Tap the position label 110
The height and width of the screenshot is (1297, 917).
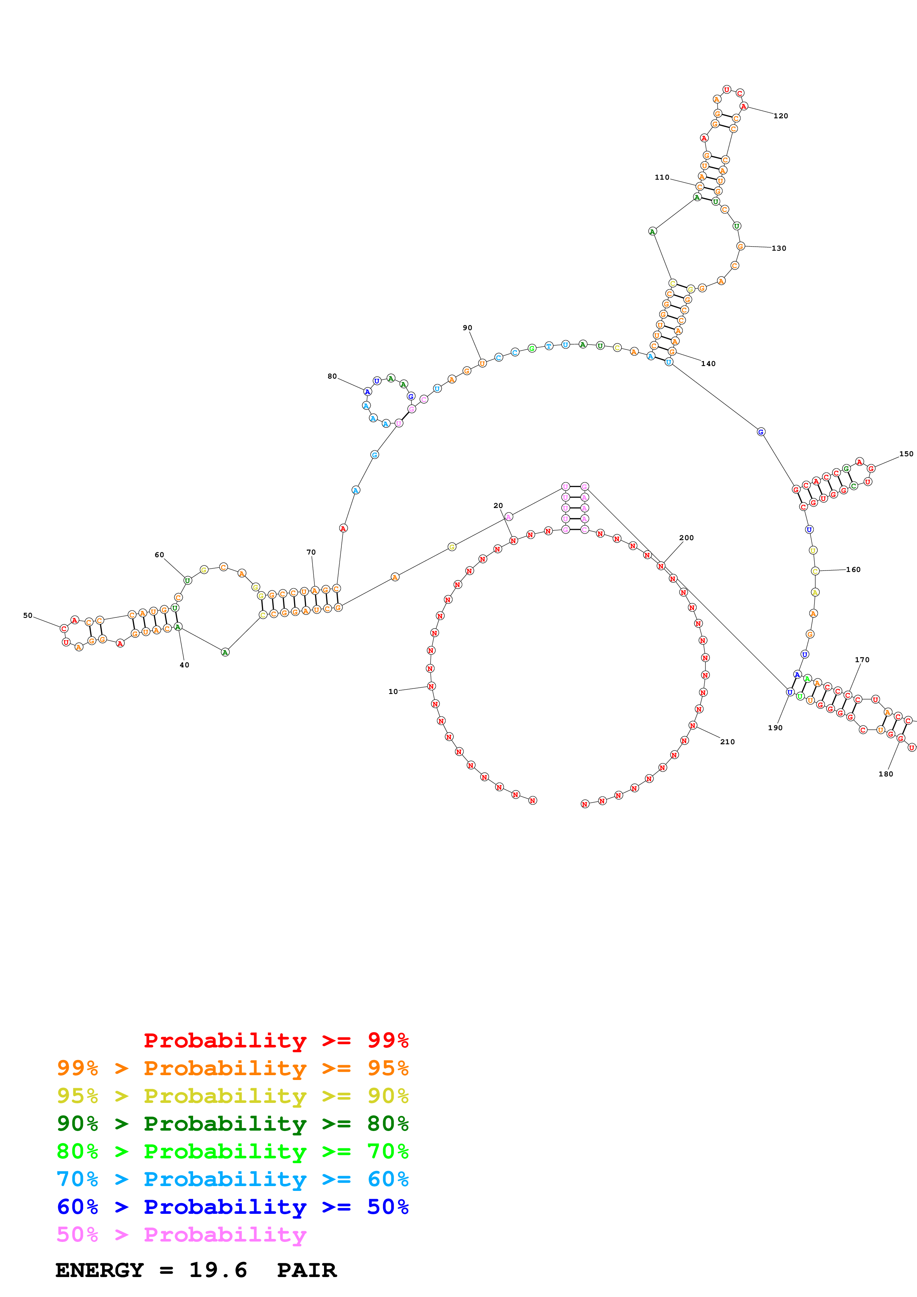tap(662, 177)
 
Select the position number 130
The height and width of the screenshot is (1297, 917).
tap(779, 248)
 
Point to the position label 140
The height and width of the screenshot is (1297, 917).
tap(708, 364)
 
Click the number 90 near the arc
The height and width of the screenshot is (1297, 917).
tap(467, 328)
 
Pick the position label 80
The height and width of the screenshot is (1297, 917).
tap(332, 376)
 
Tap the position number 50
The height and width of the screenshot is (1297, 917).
tap(28, 615)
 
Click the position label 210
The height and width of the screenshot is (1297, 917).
tap(727, 742)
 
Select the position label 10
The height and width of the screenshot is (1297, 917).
tap(393, 691)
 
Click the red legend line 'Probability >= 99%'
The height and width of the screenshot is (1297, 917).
tap(276, 1040)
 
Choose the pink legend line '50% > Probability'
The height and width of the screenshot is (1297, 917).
tap(181, 1234)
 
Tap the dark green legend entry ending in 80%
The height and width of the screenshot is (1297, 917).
tap(232, 1124)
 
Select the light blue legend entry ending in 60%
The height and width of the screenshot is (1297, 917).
tap(232, 1179)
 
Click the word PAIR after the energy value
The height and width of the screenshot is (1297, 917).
tap(307, 1270)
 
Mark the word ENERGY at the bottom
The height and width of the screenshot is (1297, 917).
tap(100, 1270)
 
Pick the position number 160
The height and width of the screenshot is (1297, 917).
tap(853, 569)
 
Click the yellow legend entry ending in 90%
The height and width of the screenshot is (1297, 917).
tap(232, 1096)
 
